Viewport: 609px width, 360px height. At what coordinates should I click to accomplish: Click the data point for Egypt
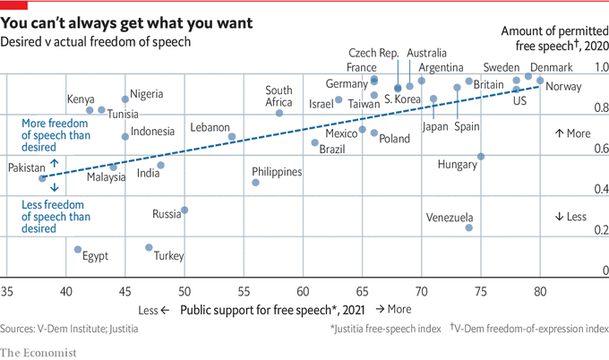78,250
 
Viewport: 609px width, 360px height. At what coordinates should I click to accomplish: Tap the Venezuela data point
468,227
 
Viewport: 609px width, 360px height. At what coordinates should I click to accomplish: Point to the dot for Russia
184,210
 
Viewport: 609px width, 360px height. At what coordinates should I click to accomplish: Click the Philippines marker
255,182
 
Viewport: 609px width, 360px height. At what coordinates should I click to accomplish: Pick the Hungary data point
481,156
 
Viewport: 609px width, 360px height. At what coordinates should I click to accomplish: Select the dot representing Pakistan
42,178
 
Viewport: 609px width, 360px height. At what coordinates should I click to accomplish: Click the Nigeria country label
146,94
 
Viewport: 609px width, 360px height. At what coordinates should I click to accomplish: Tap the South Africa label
279,95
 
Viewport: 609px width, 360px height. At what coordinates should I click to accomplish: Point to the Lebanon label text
210,128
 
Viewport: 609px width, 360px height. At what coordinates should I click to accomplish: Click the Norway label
563,87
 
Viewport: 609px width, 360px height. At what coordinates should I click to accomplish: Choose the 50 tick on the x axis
184,292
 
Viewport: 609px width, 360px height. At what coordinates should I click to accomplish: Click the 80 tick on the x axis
540,292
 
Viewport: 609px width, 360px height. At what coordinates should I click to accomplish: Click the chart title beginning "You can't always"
126,21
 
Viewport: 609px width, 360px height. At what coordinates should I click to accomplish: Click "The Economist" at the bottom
38,347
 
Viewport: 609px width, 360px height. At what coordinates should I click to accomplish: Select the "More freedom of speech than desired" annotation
56,133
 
